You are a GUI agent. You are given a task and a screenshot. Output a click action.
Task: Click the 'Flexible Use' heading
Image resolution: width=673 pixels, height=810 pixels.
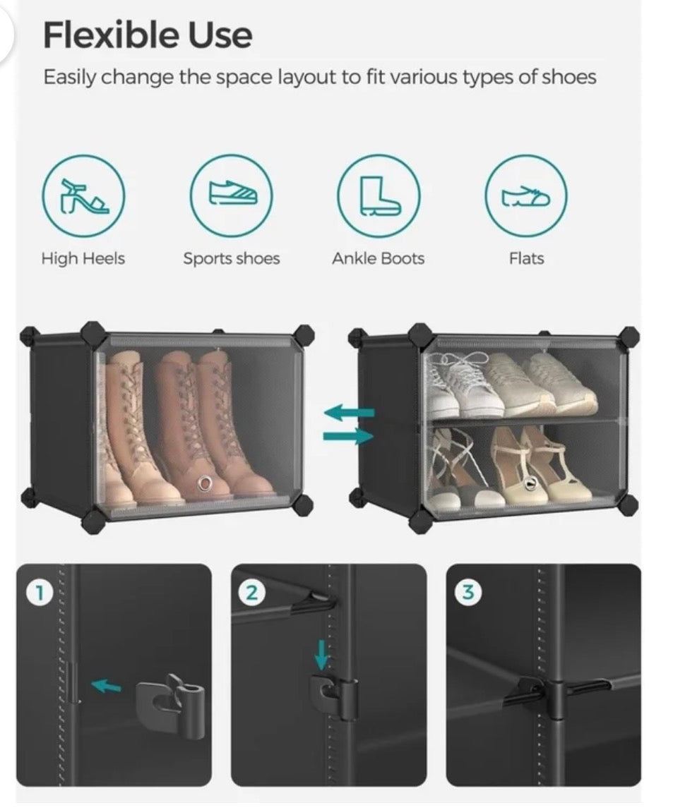(148, 35)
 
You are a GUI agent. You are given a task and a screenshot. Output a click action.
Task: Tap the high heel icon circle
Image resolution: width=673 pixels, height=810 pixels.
(83, 196)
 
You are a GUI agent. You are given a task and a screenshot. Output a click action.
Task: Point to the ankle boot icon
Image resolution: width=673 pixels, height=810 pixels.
(379, 196)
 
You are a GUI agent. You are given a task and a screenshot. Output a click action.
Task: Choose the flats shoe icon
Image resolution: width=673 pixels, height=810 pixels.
(526, 196)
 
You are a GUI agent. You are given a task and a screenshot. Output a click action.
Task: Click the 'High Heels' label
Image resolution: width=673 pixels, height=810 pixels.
(83, 258)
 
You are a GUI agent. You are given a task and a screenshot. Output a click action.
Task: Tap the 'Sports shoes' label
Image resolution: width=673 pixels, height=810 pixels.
(232, 258)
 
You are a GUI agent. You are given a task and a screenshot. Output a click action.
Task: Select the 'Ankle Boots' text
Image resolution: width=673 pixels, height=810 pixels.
(379, 258)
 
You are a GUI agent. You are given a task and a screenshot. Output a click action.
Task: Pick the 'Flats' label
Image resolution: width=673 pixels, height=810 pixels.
(527, 258)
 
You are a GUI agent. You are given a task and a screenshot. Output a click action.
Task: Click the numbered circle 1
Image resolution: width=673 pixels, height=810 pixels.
(37, 593)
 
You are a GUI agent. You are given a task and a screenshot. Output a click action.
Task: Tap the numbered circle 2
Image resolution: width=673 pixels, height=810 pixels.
(251, 593)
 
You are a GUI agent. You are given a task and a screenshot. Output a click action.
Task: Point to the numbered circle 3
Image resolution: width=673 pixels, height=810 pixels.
(467, 593)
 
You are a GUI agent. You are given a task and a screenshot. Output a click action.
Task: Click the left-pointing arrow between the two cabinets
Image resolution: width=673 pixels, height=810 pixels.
(349, 412)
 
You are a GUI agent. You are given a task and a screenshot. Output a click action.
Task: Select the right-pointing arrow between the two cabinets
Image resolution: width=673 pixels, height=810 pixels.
(349, 437)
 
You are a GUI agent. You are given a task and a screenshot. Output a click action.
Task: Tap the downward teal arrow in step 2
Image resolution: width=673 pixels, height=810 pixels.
(321, 655)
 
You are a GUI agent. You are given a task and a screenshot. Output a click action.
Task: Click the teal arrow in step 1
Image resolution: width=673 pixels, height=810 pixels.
(107, 686)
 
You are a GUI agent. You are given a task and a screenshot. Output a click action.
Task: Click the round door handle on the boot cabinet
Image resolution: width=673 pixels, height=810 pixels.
(206, 483)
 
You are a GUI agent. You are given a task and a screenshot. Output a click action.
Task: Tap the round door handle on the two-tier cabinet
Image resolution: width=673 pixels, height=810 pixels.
(530, 484)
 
